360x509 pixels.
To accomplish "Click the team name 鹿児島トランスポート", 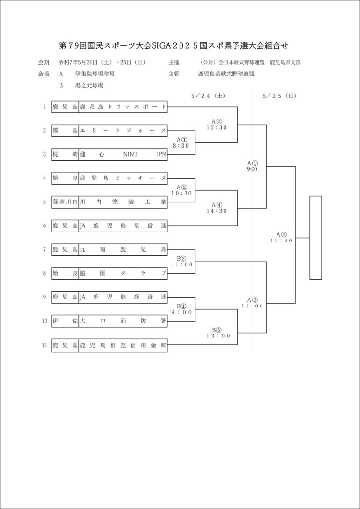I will [x=123, y=107].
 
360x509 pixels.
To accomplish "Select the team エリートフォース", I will [x=123, y=130].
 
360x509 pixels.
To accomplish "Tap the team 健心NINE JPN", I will [x=123, y=154].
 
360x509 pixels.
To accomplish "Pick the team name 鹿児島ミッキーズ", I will [x=123, y=178].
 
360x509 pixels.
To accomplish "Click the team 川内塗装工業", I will [x=123, y=202].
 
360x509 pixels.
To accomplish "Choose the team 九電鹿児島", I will [x=123, y=250].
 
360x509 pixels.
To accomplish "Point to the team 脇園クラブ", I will [x=123, y=274].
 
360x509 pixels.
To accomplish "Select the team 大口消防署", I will [x=123, y=321].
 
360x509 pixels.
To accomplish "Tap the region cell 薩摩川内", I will [x=65, y=202].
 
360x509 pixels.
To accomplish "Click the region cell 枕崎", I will [x=65, y=154].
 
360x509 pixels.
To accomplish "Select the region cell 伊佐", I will [x=65, y=321].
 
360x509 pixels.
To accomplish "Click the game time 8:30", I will [x=181, y=146].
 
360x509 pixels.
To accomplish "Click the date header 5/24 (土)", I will [x=208, y=96].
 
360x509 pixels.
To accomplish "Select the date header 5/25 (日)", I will [x=280, y=96].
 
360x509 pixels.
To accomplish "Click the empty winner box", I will [x=315, y=238].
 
